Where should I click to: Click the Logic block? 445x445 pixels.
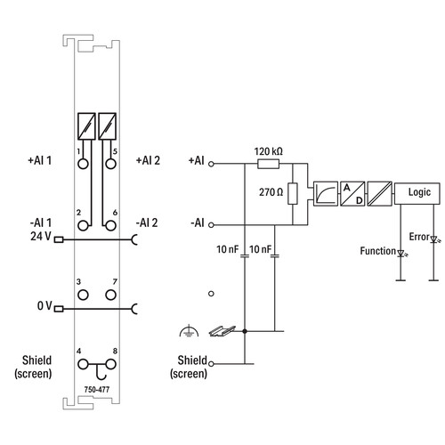(417, 193)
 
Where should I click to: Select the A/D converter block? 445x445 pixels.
(352, 194)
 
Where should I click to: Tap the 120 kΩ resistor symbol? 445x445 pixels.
(268, 164)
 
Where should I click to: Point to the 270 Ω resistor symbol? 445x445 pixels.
(293, 194)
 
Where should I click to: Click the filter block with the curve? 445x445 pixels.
(326, 194)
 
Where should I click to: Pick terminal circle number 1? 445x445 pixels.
(83, 164)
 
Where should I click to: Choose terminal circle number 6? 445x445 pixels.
(110, 226)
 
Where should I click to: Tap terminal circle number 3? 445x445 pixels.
(83, 295)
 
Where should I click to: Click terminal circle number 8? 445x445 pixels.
(110, 364)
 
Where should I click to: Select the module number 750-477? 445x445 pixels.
(97, 389)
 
